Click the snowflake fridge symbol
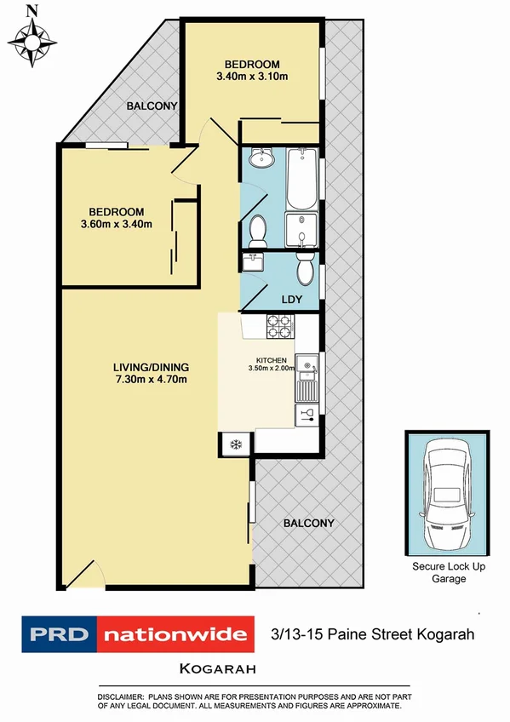click(x=235, y=443)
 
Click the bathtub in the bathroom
click(x=302, y=179)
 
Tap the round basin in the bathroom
click(x=258, y=158)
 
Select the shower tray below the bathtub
click(x=301, y=228)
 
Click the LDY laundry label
click(x=292, y=299)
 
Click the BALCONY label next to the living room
click(x=308, y=524)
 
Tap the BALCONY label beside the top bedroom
click(x=152, y=106)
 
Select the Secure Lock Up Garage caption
click(x=450, y=573)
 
